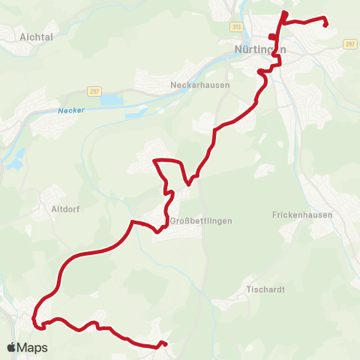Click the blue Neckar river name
71,111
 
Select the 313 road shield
237,26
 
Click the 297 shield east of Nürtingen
349,44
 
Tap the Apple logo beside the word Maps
12,347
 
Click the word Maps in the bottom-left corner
33,347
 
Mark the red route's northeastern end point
326,25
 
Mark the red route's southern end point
162,345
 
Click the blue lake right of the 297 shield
111,98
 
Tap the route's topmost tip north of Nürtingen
283,13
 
